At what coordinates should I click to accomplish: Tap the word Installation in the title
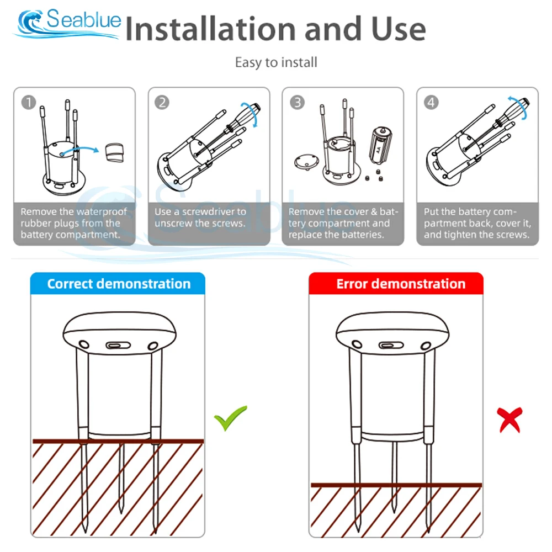(x=210, y=29)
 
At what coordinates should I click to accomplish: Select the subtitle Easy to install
(x=276, y=63)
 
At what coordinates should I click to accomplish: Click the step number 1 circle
(x=29, y=103)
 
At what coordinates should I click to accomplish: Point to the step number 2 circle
(x=162, y=103)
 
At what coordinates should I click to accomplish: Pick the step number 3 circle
(x=297, y=103)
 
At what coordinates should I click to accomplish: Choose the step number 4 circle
(x=431, y=103)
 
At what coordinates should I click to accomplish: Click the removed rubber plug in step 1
(x=114, y=152)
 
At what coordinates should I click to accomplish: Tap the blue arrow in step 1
(x=80, y=150)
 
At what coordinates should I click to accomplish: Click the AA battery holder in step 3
(x=380, y=144)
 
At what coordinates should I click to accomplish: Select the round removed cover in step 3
(x=306, y=162)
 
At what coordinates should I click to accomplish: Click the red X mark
(x=509, y=420)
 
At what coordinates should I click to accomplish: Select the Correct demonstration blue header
(x=118, y=284)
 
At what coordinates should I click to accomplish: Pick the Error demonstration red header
(x=396, y=284)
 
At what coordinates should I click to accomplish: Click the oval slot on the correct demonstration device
(x=118, y=346)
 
